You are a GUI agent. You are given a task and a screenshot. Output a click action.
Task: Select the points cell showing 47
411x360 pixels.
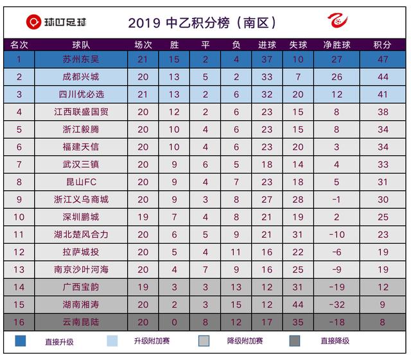[382, 60]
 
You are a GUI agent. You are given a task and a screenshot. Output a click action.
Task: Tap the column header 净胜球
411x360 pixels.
[337, 45]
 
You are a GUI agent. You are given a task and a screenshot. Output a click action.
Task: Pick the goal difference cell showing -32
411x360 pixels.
[337, 303]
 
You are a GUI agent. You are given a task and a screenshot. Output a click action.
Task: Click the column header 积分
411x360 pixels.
[382, 45]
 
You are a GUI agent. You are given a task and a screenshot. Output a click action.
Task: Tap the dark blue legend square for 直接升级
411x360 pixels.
[21, 340]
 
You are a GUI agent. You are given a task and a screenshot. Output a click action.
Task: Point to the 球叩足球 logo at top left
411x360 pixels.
[56, 22]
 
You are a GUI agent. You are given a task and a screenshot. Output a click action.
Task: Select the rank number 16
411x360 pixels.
[19, 321]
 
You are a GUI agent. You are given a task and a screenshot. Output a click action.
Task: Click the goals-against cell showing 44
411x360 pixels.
[297, 303]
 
